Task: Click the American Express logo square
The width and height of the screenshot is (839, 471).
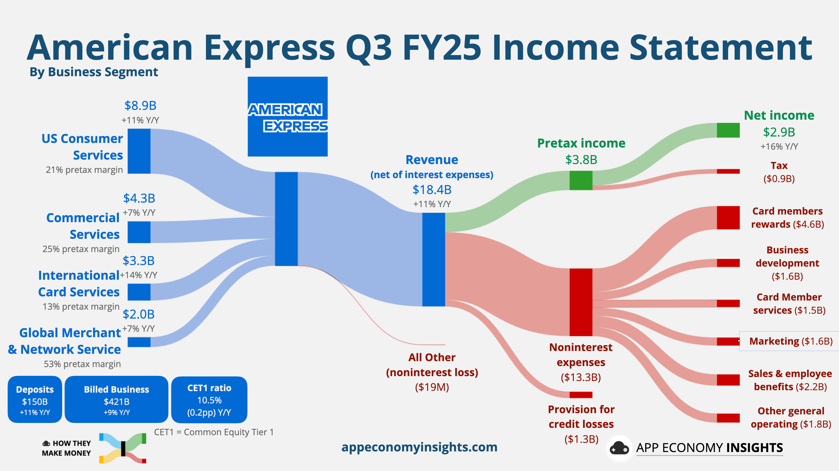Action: [288, 117]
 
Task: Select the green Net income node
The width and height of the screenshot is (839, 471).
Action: [728, 130]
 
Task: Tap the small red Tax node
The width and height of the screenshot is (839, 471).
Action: [728, 171]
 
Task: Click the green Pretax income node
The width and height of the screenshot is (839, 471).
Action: [581, 180]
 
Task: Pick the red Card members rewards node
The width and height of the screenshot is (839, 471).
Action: [728, 217]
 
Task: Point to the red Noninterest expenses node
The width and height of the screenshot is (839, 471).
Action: [581, 302]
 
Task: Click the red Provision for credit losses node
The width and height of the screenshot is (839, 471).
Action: [581, 395]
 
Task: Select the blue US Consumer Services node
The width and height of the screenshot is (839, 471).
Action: [139, 151]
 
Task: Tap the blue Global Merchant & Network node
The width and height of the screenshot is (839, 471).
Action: [139, 342]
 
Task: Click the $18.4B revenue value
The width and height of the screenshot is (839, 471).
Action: [432, 189]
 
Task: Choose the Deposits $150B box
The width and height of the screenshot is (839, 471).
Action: [35, 400]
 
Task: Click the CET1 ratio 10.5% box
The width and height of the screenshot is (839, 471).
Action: [209, 400]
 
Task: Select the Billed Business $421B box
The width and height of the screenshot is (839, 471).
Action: [116, 400]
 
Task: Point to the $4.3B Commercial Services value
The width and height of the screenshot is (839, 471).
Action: [139, 198]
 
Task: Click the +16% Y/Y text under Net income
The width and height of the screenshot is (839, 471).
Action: [779, 147]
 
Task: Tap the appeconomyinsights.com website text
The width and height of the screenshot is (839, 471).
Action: [419, 447]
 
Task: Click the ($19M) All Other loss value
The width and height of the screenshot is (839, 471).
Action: [432, 387]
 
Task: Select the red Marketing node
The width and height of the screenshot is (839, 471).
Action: [728, 341]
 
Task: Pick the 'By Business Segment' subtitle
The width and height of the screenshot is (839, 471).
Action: [93, 72]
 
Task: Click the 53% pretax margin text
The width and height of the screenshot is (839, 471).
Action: [82, 364]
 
